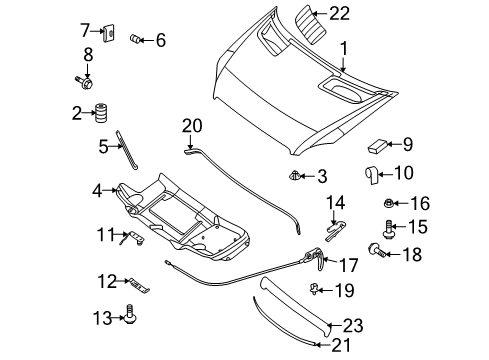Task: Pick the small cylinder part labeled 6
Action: (x=135, y=39)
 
